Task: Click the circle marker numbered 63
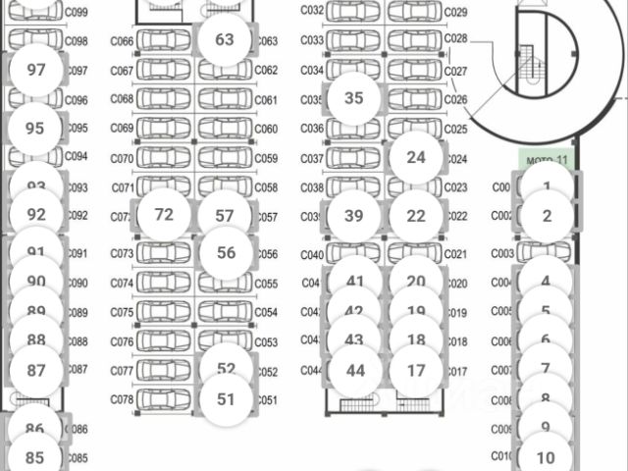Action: pyautogui.click(x=225, y=40)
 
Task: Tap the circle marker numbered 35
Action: pyautogui.click(x=354, y=98)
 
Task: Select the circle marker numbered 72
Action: pyautogui.click(x=164, y=215)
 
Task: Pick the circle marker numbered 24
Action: pyautogui.click(x=416, y=157)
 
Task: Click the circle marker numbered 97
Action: pyautogui.click(x=36, y=70)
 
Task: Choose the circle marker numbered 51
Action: pyautogui.click(x=227, y=399)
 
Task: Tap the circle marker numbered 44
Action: pyautogui.click(x=355, y=371)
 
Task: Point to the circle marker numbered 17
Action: pyautogui.click(x=416, y=371)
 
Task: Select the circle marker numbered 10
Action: pyautogui.click(x=547, y=457)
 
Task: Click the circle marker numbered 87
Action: pyautogui.click(x=36, y=371)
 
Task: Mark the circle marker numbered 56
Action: pyautogui.click(x=227, y=252)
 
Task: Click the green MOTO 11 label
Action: pyautogui.click(x=547, y=159)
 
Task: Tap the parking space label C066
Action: pyautogui.click(x=123, y=41)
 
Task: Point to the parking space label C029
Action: pyautogui.click(x=456, y=12)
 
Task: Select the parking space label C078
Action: pyautogui.click(x=123, y=400)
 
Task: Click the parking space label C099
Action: pyautogui.click(x=77, y=12)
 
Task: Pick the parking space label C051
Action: pyautogui.click(x=267, y=400)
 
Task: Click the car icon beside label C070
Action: pyautogui.click(x=164, y=158)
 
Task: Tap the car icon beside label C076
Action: pyautogui.click(x=164, y=341)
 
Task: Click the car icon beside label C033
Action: pyautogui.click(x=354, y=41)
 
